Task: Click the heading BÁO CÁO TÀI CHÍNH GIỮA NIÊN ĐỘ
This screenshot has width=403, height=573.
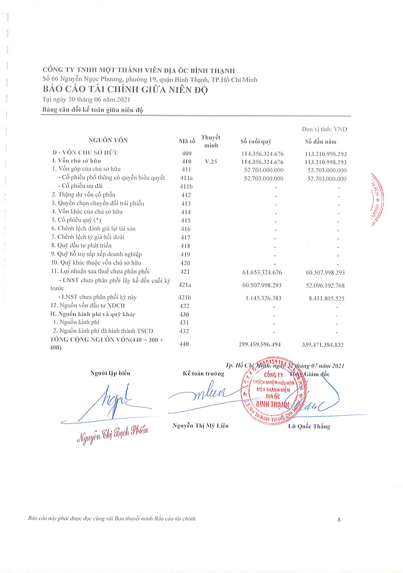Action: point(125,90)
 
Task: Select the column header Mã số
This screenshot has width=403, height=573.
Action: point(187,142)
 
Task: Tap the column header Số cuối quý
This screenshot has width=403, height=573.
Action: point(256,142)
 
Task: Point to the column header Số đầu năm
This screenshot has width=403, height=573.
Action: point(321,142)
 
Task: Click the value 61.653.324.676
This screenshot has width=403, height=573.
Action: point(262,272)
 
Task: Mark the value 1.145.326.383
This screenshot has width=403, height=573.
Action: point(263,298)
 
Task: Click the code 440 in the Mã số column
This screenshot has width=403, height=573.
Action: point(184,344)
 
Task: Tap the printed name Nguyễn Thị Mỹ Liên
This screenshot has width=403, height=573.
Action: point(200,426)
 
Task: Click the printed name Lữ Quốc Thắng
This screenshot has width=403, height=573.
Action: point(309,426)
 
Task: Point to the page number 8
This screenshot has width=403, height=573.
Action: point(339,519)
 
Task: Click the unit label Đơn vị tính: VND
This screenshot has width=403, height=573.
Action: point(324,129)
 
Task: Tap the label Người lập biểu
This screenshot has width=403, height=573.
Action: point(110,373)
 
